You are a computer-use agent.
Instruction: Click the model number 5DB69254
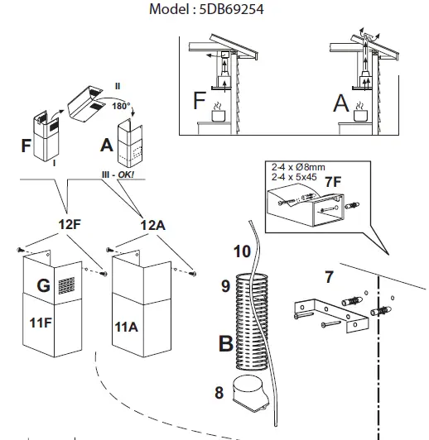pyautogui.click(x=232, y=9)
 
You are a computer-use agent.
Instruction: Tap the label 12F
pyautogui.click(x=70, y=224)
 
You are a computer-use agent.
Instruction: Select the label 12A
pyautogui.click(x=152, y=225)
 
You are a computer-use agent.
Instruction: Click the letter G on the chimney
pyautogui.click(x=44, y=285)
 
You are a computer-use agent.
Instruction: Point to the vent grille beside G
pyautogui.click(x=66, y=285)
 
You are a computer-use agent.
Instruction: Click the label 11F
pyautogui.click(x=41, y=323)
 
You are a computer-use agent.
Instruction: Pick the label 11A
pyautogui.click(x=126, y=328)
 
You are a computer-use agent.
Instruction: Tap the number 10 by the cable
pyautogui.click(x=242, y=251)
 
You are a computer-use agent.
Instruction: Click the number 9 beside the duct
pyautogui.click(x=225, y=286)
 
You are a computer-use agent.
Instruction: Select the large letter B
pyautogui.click(x=226, y=343)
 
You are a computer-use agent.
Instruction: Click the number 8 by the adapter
pyautogui.click(x=219, y=393)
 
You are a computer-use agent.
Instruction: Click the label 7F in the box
pyautogui.click(x=333, y=182)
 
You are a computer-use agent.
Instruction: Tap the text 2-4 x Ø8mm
pyautogui.click(x=298, y=167)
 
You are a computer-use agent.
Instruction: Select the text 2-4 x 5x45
pyautogui.click(x=294, y=177)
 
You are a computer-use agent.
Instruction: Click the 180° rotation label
pyautogui.click(x=121, y=106)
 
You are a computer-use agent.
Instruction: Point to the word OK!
pyautogui.click(x=126, y=175)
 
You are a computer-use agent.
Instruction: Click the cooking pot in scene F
pyautogui.click(x=219, y=115)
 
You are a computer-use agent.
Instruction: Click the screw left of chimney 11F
pyautogui.click(x=21, y=250)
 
